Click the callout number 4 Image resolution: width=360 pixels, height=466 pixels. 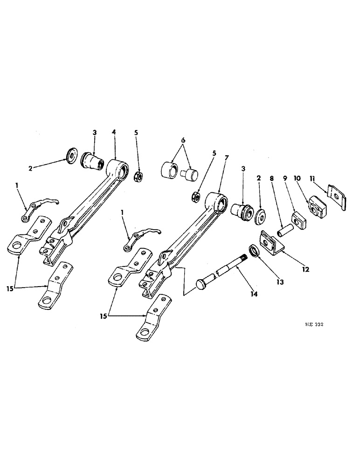[x=114, y=133]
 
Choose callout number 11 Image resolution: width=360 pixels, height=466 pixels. [x=327, y=178]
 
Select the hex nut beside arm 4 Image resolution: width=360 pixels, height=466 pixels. [x=138, y=178]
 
